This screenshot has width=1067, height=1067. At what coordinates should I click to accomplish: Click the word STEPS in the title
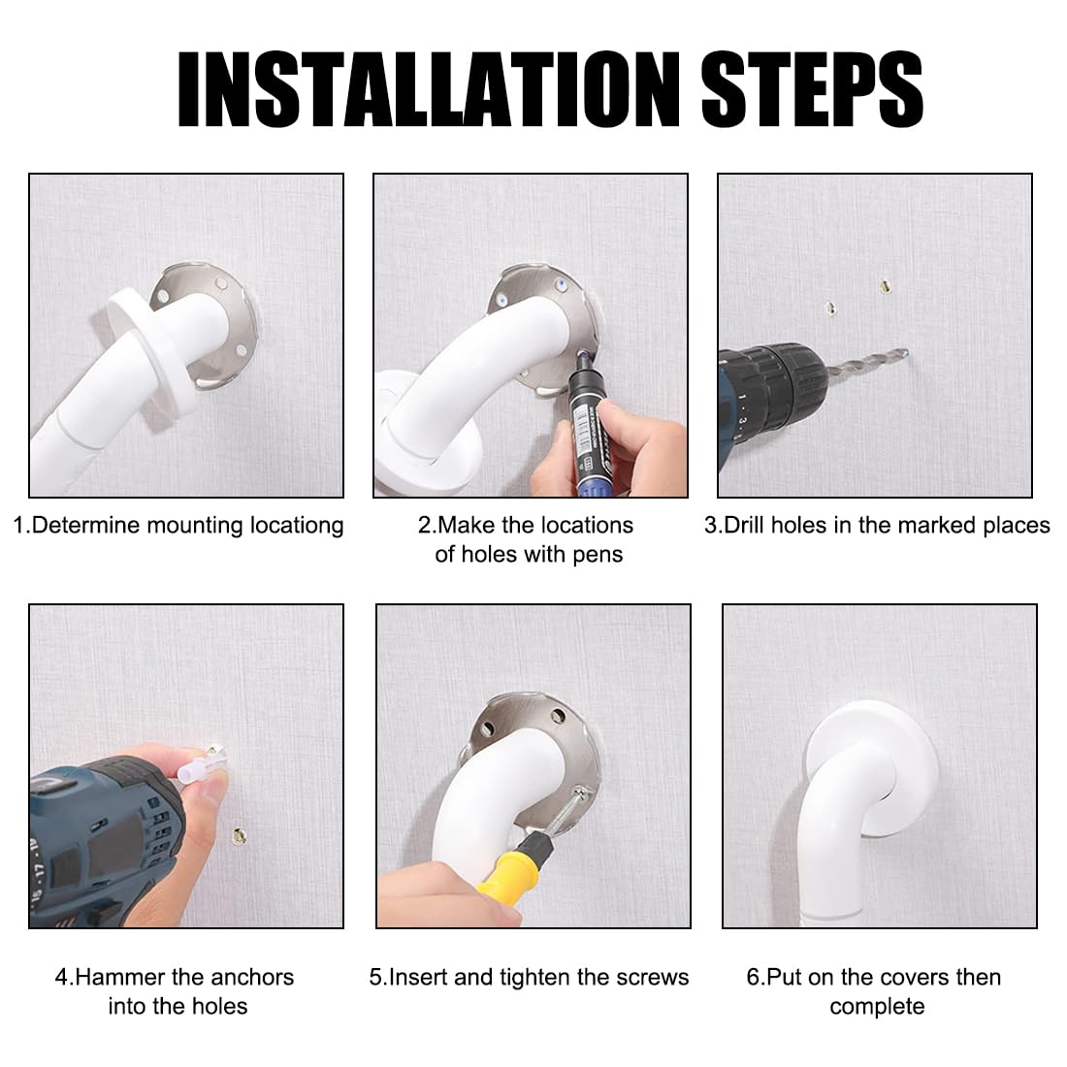(x=812, y=89)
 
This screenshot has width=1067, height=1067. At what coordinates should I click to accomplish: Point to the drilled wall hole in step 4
(x=239, y=835)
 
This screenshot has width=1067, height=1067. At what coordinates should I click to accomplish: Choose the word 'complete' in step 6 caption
(x=877, y=1007)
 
